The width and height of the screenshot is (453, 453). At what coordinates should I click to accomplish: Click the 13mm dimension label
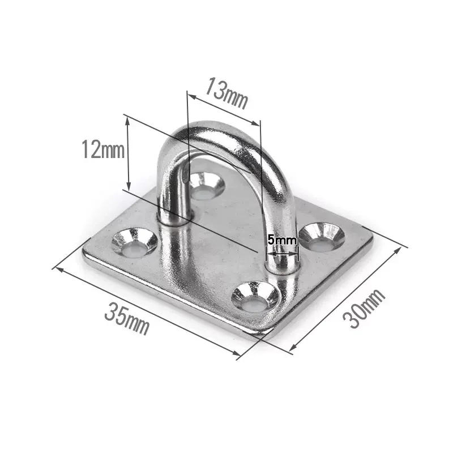tap(226, 93)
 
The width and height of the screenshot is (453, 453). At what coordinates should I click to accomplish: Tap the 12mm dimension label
tap(103, 149)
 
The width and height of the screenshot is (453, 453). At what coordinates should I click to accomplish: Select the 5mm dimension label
tap(281, 240)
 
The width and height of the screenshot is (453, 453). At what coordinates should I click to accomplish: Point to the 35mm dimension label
tap(127, 318)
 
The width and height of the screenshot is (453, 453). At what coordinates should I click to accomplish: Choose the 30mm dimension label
tap(364, 308)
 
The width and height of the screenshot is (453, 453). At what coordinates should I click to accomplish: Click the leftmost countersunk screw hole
tap(135, 243)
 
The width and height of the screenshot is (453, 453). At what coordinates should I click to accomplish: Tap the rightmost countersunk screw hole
tap(322, 236)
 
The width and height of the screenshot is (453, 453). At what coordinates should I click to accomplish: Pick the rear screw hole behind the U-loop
tap(206, 185)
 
